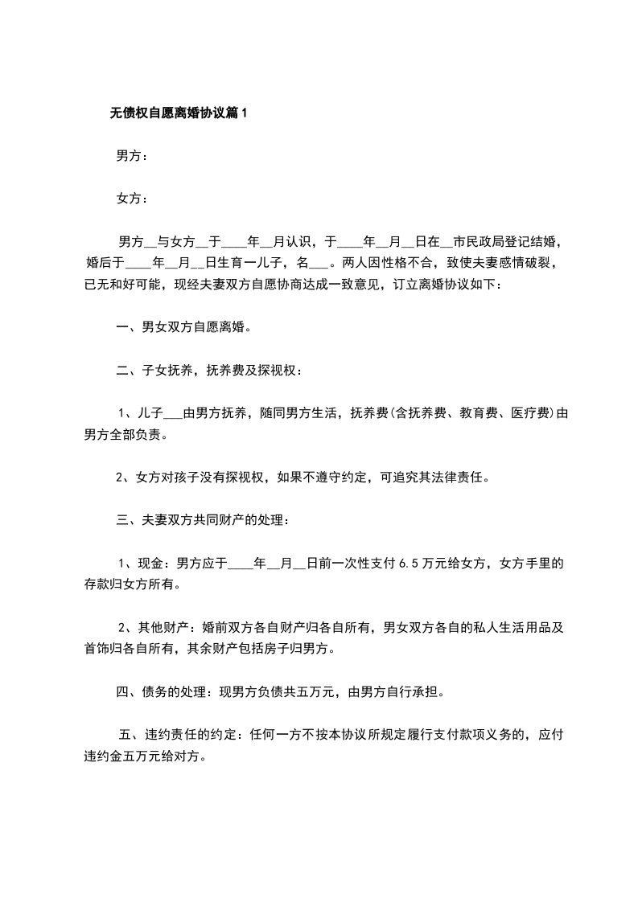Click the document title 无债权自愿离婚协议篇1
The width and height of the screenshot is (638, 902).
179,114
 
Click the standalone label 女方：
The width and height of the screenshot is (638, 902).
132,198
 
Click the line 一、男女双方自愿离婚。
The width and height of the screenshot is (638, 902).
184,327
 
